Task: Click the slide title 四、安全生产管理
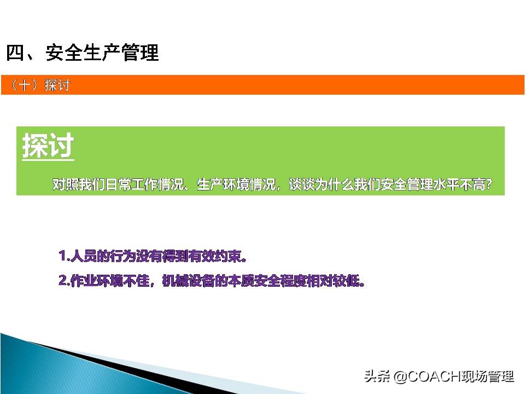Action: point(82,53)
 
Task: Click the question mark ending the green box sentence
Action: point(488,185)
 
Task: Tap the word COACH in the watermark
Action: point(427,377)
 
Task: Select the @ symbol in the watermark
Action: point(399,377)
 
